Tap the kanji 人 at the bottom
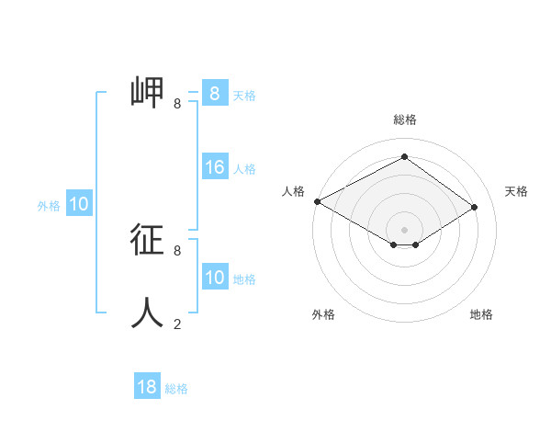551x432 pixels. coord(147,313)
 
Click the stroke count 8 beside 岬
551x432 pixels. coord(177,104)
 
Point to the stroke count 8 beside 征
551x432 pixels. coord(177,250)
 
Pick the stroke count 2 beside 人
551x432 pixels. coord(177,324)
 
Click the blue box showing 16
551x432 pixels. coord(215,167)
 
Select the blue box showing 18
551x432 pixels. coord(147,387)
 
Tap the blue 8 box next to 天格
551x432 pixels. coord(215,93)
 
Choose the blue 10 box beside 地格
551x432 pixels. coord(215,278)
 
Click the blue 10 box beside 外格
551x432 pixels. coord(79,205)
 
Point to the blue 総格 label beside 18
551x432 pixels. coord(176,389)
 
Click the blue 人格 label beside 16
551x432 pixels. coord(244,169)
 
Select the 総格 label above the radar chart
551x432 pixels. coord(404,119)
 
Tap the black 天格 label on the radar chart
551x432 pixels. coord(516,191)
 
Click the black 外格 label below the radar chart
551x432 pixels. coord(323,314)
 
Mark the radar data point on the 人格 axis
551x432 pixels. coord(317,200)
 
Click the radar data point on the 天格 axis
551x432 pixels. coord(475,207)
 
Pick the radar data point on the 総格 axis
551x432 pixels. coord(404,157)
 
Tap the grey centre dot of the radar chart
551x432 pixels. coord(404,229)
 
